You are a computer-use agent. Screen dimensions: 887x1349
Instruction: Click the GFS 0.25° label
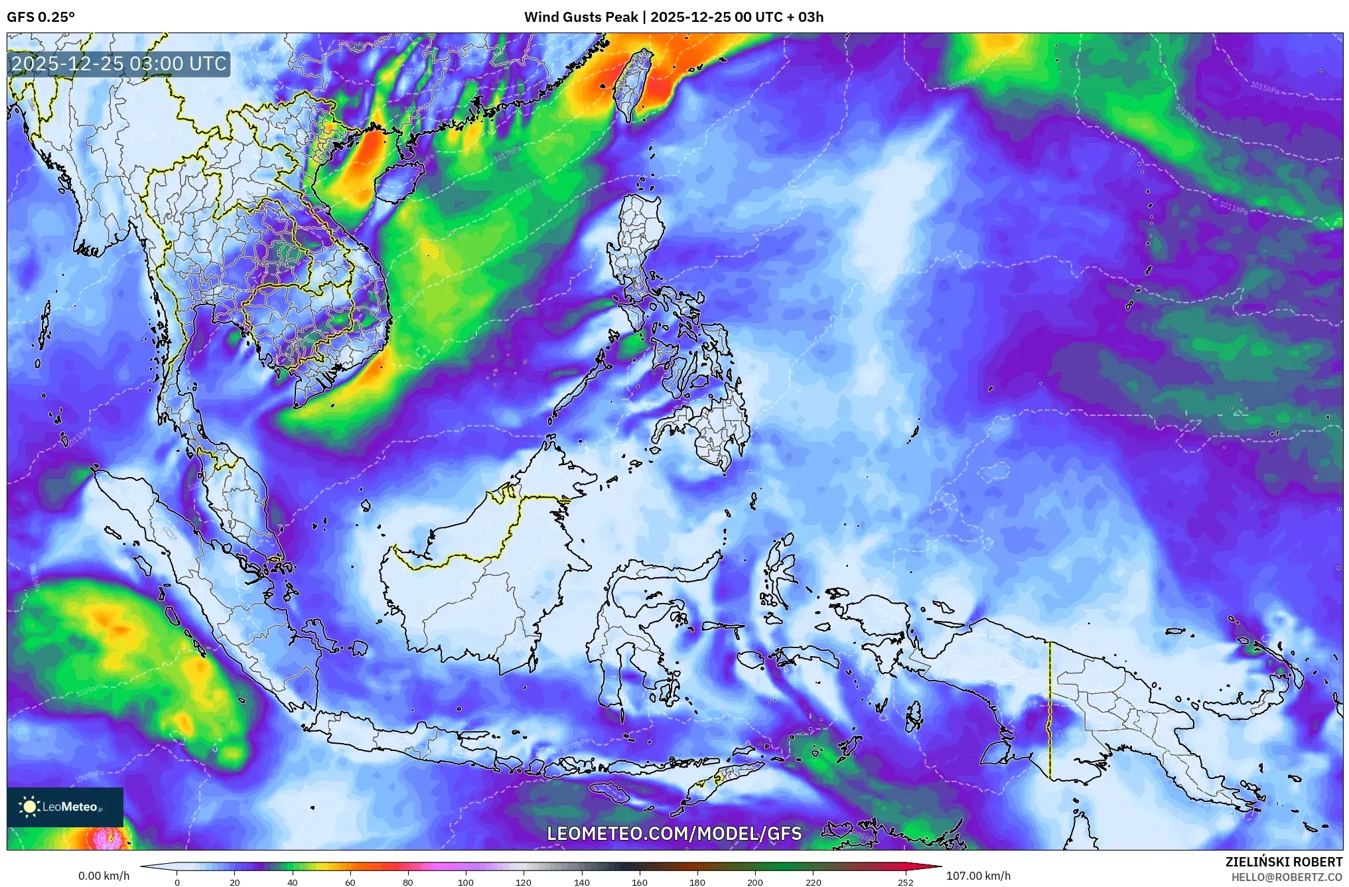click(40, 17)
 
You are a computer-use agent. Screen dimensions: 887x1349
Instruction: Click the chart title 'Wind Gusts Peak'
click(581, 17)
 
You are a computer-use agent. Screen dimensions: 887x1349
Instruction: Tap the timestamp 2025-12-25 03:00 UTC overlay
click(119, 64)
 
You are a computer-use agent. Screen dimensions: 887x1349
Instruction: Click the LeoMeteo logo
click(65, 807)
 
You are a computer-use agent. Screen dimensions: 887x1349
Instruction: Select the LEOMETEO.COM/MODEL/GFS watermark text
click(674, 833)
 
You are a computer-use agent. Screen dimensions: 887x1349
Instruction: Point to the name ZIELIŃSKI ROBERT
click(1283, 862)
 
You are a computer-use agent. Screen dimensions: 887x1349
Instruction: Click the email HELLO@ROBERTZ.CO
click(1287, 877)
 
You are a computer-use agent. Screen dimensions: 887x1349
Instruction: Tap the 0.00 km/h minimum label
click(104, 876)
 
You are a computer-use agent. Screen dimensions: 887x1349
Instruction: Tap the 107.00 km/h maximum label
click(978, 876)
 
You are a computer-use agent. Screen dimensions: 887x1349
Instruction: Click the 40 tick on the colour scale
click(293, 882)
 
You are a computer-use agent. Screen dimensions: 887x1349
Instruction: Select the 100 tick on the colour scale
click(466, 882)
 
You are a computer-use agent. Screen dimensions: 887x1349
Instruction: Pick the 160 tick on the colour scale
click(640, 882)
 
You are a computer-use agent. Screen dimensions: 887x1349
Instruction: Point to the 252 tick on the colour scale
click(906, 882)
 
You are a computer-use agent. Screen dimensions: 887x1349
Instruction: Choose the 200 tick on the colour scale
click(755, 882)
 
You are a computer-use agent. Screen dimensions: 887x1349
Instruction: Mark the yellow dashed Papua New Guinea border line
click(1050, 710)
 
